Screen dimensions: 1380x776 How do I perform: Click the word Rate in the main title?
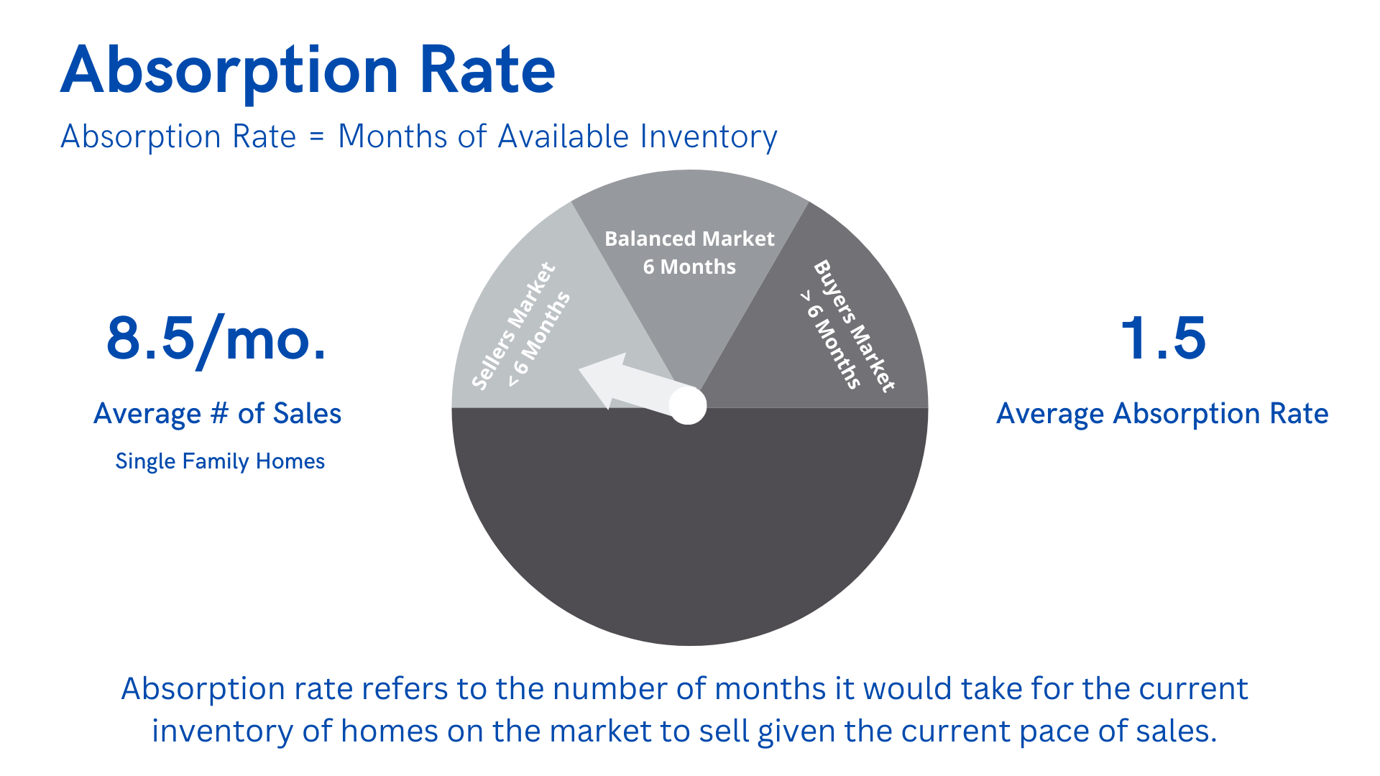tap(487, 70)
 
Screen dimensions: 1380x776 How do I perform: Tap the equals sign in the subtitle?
tap(317, 137)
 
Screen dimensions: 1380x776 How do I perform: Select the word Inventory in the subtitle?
tap(709, 137)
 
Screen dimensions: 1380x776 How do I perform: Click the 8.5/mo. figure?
tap(216, 340)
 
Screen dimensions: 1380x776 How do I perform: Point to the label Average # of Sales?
tap(217, 414)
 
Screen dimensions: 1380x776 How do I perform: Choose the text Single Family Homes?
tap(220, 461)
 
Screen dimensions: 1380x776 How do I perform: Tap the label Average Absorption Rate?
tap(1162, 414)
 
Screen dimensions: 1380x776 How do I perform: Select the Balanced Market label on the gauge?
tap(689, 239)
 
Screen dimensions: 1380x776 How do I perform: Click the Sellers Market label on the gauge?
tap(513, 325)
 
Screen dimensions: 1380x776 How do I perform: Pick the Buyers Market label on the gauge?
tap(855, 325)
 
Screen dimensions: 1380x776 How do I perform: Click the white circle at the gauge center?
tap(688, 406)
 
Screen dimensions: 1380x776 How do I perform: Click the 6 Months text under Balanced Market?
tap(689, 267)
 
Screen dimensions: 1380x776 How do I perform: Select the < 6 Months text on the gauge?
tap(540, 339)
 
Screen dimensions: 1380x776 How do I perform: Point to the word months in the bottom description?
tap(770, 688)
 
